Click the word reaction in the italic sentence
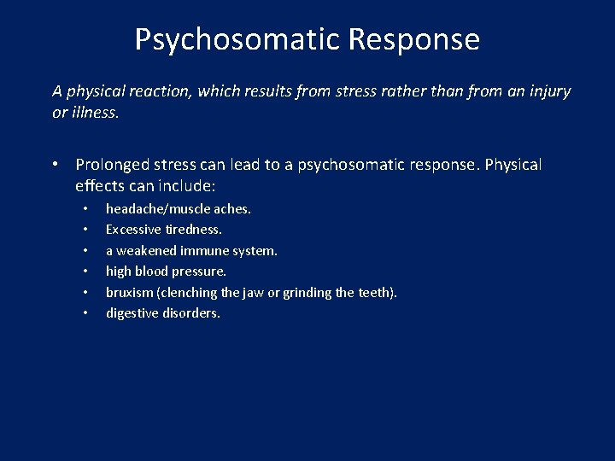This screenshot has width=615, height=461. pos(164,90)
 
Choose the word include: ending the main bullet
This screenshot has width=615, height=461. pos(186,185)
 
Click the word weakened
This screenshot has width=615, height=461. pos(146,251)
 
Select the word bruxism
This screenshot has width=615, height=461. pos(130,293)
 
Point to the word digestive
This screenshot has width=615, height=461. pos(132,313)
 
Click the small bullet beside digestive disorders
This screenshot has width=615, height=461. pos(86,314)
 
